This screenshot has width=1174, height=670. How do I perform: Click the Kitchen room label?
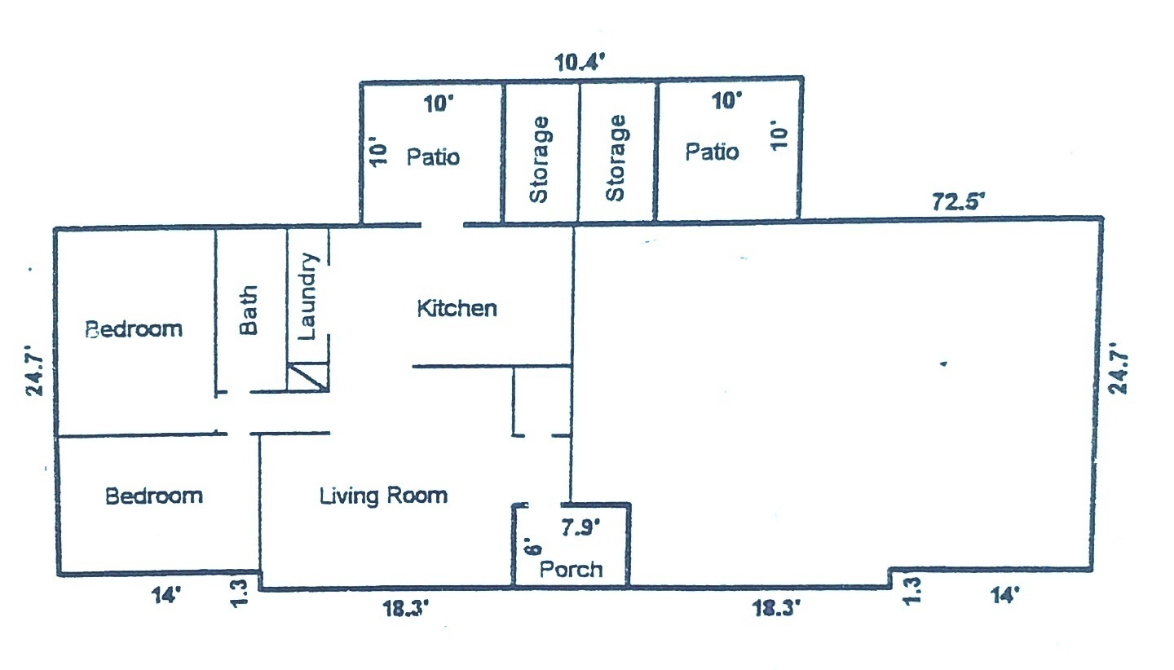coord(457,308)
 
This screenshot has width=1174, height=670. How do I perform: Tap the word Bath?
coord(249,310)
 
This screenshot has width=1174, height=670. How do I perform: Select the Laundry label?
coord(307,297)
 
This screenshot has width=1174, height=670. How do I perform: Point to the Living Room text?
coord(384,496)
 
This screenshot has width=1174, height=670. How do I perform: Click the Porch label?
coord(572,570)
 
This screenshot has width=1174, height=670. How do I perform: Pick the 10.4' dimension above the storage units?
coord(580,63)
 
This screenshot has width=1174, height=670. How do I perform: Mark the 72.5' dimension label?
coord(959,201)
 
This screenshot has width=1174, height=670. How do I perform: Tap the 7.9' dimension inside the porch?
coord(580,527)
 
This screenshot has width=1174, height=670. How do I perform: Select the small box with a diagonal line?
coord(308,377)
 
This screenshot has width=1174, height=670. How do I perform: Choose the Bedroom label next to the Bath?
coord(134,329)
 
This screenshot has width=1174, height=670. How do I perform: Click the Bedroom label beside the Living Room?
coord(154,496)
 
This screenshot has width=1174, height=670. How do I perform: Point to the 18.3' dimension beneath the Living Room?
coord(406,609)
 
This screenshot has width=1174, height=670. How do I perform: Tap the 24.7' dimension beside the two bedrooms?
coord(35,370)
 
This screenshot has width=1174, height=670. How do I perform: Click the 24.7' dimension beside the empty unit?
coord(1118,368)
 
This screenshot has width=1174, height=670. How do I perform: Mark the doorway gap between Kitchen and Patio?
coord(443,225)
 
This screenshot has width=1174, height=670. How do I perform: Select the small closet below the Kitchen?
coord(542,401)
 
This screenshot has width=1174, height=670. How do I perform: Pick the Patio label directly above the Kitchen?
coord(434,157)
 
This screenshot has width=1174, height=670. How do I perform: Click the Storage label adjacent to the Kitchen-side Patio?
coord(539,159)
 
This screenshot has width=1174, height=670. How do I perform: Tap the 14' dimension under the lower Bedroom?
coord(166,595)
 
